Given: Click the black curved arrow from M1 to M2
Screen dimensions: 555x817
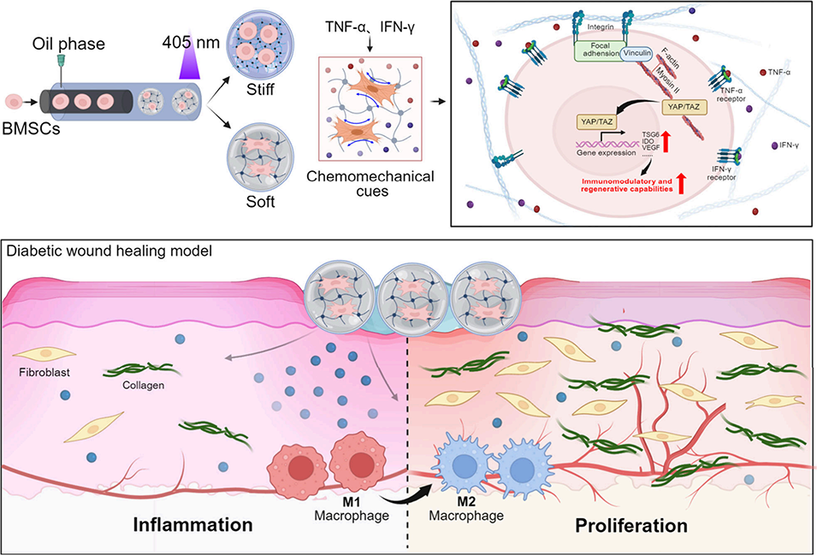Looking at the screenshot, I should point(392,491).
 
